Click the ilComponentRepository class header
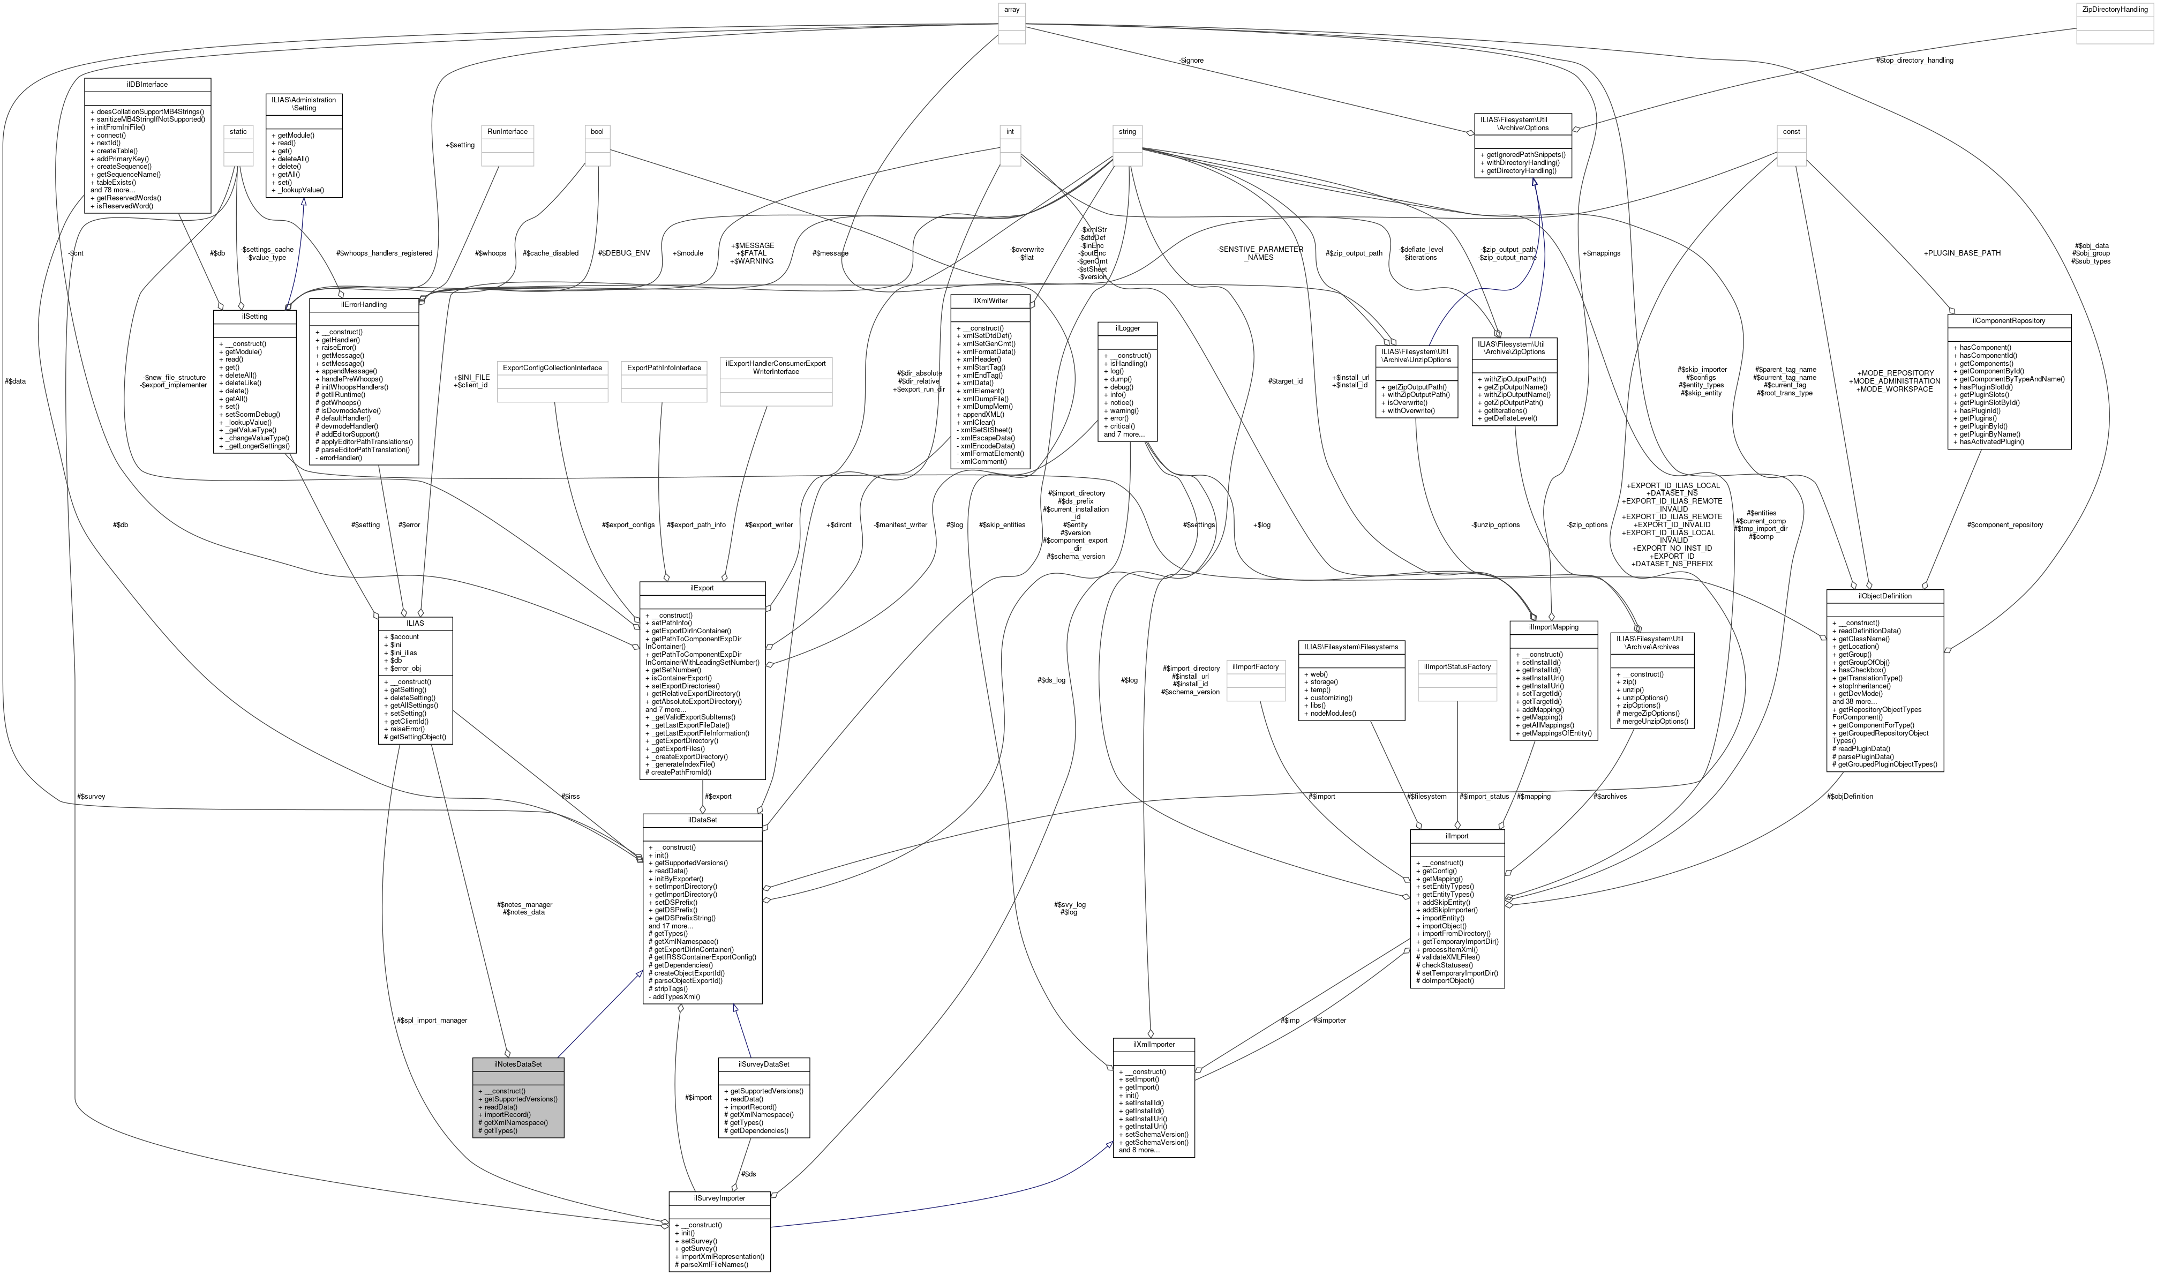[x=2009, y=320]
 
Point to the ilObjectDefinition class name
[x=1885, y=595]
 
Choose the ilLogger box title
[x=1127, y=328]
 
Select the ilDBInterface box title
[x=147, y=84]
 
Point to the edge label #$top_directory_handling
[x=1914, y=60]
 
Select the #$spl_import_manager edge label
[x=432, y=1020]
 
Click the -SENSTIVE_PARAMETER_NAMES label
[x=1259, y=253]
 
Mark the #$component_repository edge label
[x=2005, y=524]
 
